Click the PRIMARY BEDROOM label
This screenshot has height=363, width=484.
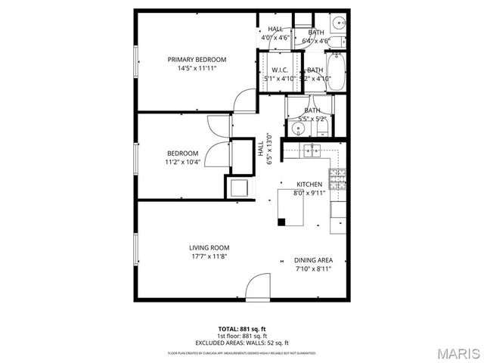click(197, 59)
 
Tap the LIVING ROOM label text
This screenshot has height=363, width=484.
click(209, 247)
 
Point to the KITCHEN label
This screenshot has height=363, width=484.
click(309, 185)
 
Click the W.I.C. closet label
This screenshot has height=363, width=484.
click(280, 70)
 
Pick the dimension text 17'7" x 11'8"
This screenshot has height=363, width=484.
click(209, 256)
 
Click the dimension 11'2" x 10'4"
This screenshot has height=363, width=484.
click(182, 162)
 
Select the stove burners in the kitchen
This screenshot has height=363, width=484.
click(340, 179)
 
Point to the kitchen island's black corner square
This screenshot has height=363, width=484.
click(281, 222)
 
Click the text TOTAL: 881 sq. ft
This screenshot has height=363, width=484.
click(242, 328)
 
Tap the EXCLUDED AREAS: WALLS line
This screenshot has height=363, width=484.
click(242, 343)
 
